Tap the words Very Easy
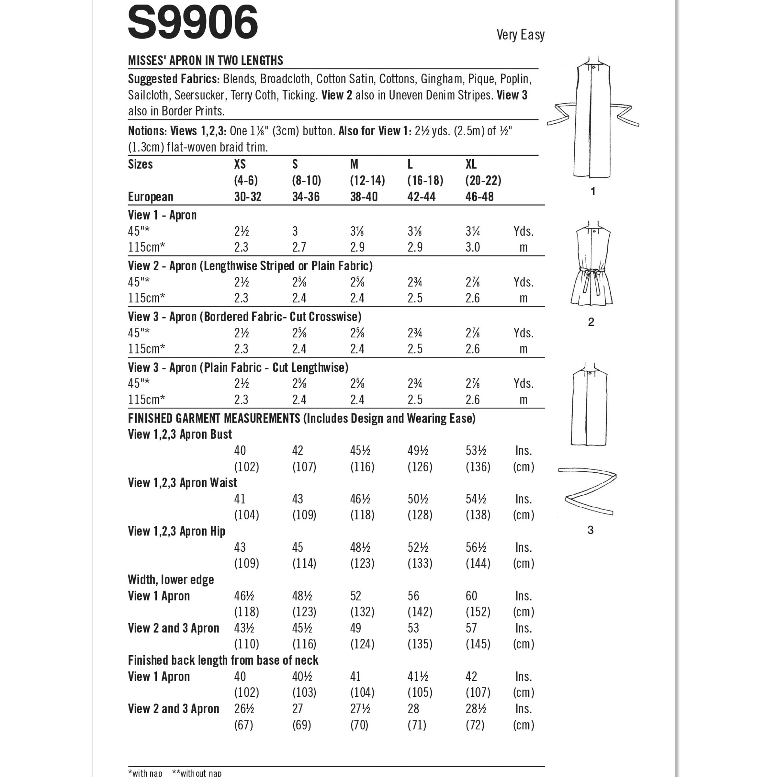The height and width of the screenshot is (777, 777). pyautogui.click(x=520, y=35)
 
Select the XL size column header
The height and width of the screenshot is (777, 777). pyautogui.click(x=471, y=164)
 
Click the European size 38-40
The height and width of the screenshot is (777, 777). pyautogui.click(x=364, y=197)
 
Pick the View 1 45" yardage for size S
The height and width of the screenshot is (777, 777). pyautogui.click(x=295, y=232)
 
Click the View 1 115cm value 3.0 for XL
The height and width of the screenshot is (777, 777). pyautogui.click(x=473, y=247)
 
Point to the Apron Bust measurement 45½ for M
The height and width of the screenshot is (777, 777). pyautogui.click(x=360, y=451)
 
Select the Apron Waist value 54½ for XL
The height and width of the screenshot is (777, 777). pyautogui.click(x=476, y=499)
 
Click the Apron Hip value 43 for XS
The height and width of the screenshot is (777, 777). pyautogui.click(x=240, y=547)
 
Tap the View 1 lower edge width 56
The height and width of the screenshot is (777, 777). pyautogui.click(x=413, y=596)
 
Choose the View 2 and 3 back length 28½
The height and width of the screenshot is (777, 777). pyautogui.click(x=476, y=709)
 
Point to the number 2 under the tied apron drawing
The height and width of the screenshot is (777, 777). pyautogui.click(x=591, y=322)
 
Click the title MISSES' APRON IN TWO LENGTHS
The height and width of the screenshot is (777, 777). pyautogui.click(x=206, y=61)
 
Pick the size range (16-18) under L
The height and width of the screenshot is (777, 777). pyautogui.click(x=425, y=181)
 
